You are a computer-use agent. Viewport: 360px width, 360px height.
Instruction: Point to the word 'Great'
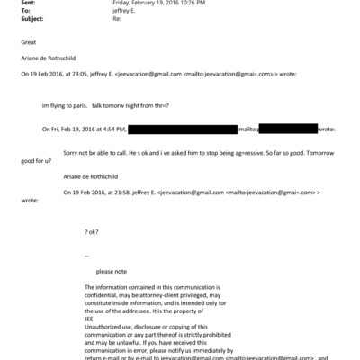point(28,42)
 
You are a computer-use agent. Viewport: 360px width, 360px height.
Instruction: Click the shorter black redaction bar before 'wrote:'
point(286,130)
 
